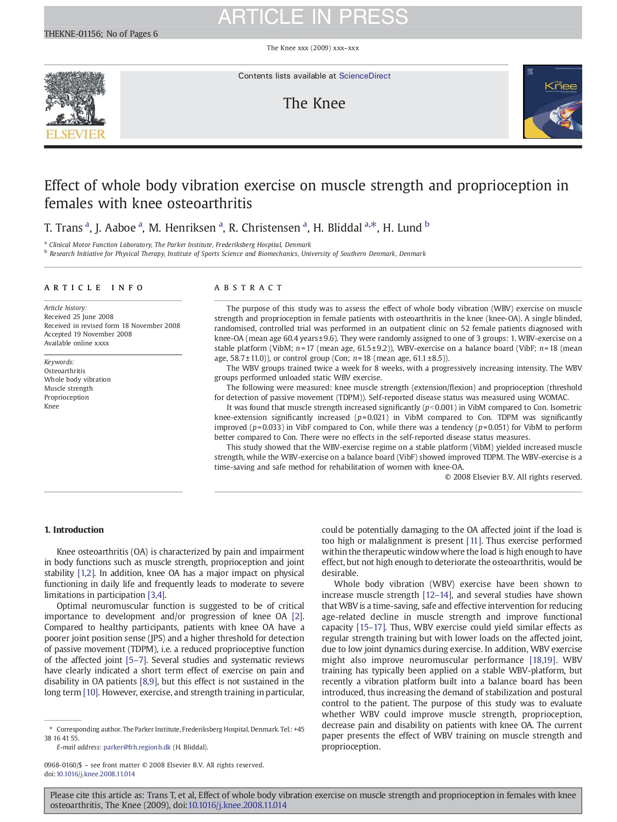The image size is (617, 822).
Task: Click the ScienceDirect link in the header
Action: [364, 76]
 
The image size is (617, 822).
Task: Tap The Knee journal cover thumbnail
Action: [552, 101]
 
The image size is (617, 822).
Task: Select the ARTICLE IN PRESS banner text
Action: [313, 17]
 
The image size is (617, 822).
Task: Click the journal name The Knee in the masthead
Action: [314, 103]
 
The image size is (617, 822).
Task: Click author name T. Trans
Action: [63, 228]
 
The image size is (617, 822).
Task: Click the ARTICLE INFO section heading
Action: [94, 288]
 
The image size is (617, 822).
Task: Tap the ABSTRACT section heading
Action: [248, 288]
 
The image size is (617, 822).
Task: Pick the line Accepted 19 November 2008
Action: [88, 334]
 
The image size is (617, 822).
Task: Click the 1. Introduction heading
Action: [74, 530]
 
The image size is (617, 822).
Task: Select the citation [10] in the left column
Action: [90, 692]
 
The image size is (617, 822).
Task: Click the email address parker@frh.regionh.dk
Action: [137, 747]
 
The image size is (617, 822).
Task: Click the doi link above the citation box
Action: [95, 774]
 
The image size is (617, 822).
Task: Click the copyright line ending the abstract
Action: [513, 477]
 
